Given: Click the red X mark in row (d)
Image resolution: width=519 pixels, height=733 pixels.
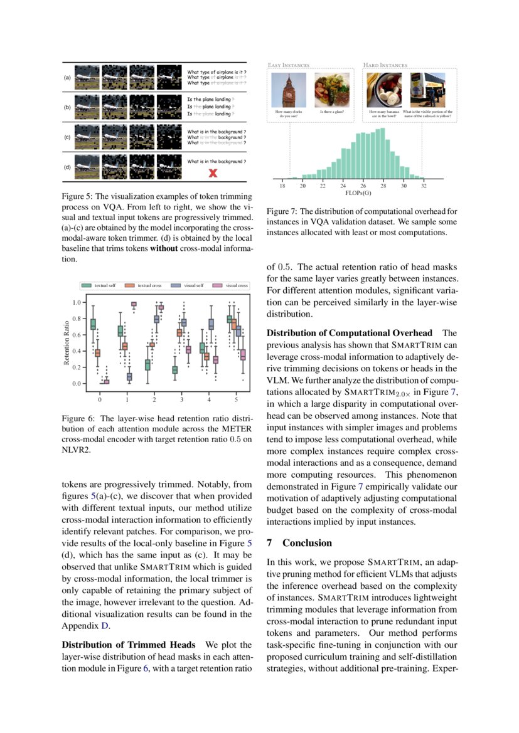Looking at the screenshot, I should point(213,172).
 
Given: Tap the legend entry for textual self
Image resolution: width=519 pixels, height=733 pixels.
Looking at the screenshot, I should point(100,285).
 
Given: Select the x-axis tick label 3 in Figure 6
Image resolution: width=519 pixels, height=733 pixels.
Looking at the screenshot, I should point(182,399).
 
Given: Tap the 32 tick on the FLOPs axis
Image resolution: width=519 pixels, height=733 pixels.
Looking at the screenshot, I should point(424,186).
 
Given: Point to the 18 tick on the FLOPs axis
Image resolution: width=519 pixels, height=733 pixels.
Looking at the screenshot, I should point(282,186).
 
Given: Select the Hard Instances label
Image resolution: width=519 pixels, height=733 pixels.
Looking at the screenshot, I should point(385,65).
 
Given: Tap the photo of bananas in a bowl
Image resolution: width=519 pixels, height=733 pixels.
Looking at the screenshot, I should point(383,89).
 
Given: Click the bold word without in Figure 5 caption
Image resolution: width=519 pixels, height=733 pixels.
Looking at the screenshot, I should point(164,248).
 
